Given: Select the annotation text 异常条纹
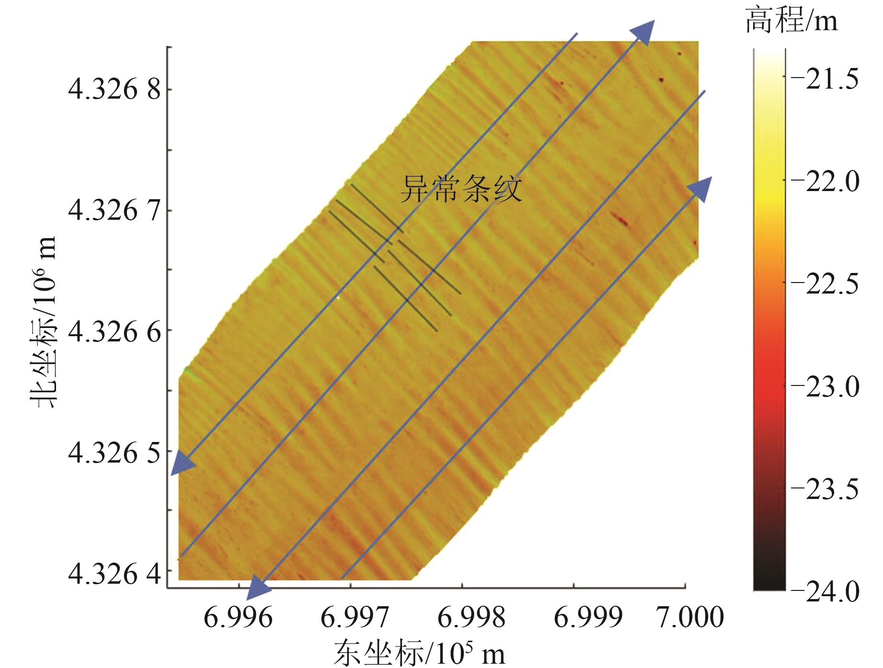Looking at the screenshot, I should pos(461,189).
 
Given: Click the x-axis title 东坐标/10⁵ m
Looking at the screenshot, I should pos(420,652).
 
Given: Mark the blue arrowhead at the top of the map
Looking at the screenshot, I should pos(643,33).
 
